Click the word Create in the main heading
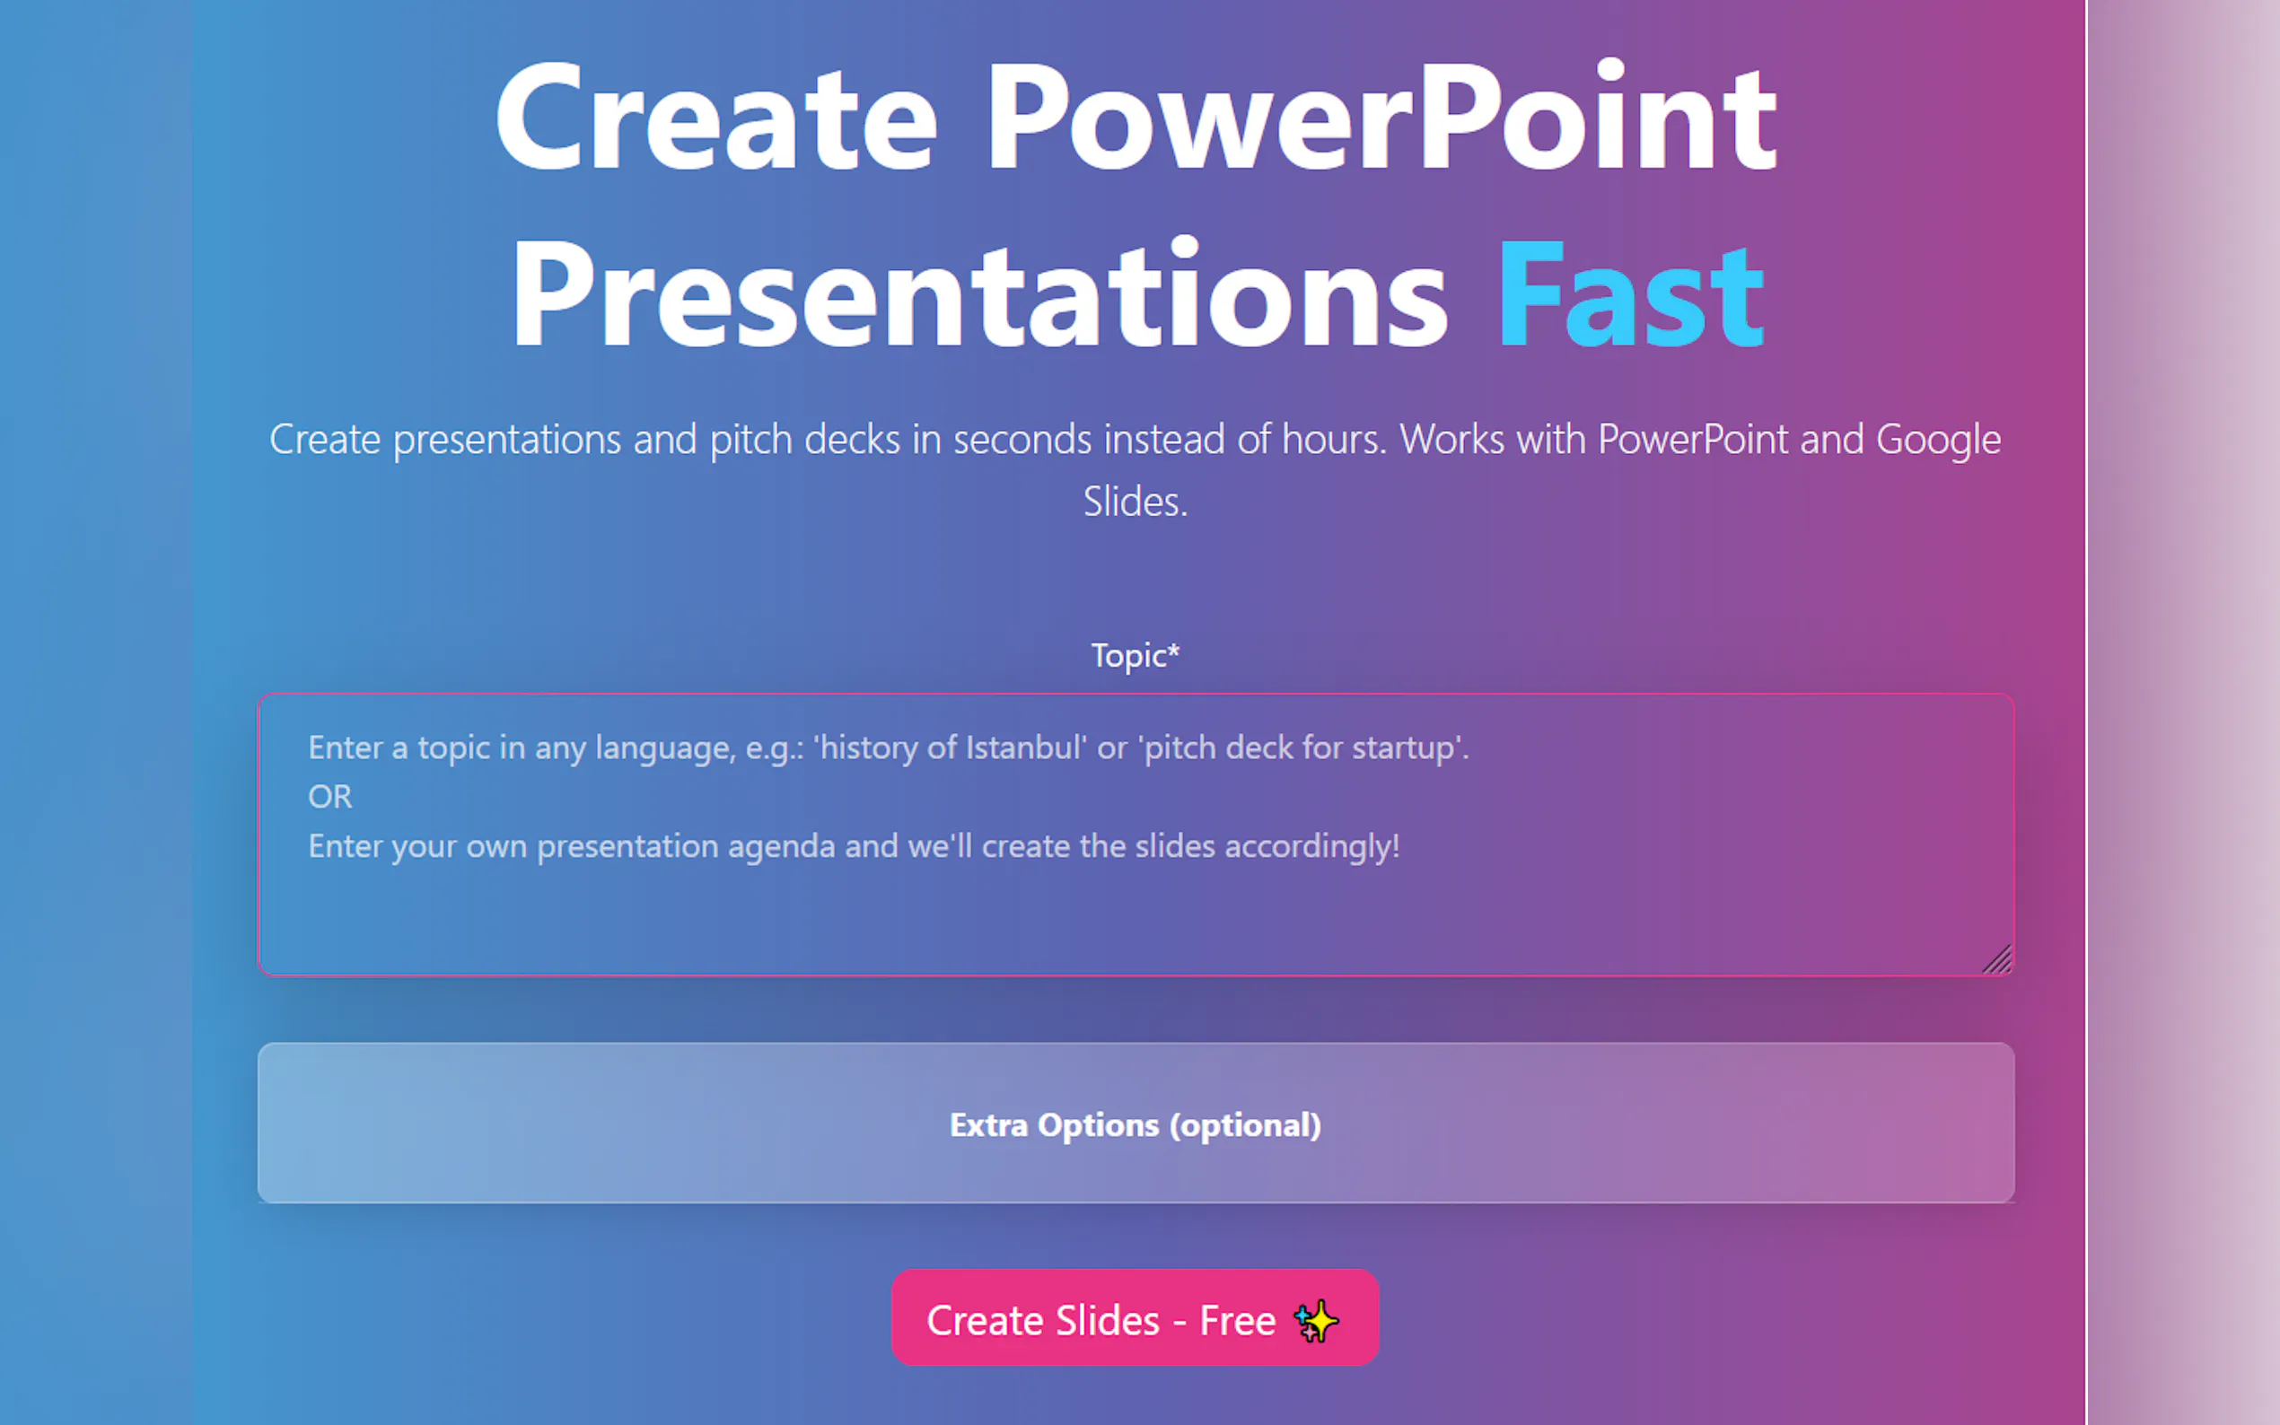point(716,118)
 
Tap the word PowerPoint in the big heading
point(1381,118)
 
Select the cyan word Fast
point(1631,294)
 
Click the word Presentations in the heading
point(979,294)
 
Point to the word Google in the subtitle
point(1938,440)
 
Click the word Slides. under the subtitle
point(1136,502)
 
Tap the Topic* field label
point(1136,655)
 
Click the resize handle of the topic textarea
point(1997,959)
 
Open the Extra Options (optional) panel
point(1136,1123)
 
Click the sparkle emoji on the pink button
point(1316,1320)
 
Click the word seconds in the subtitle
point(1022,440)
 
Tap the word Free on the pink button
point(1238,1320)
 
